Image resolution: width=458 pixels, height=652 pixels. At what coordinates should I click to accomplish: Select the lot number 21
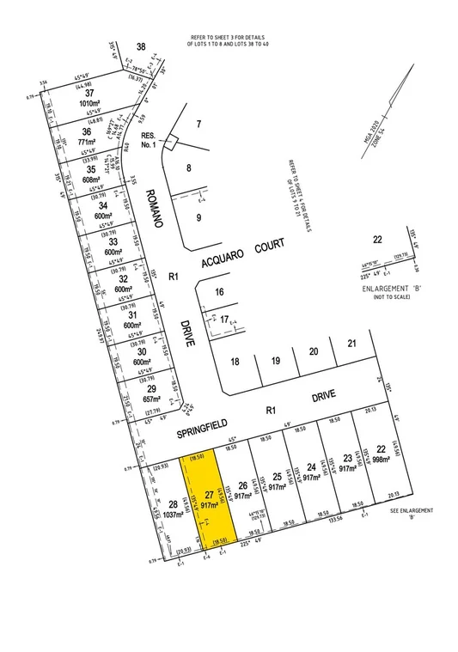click(x=351, y=344)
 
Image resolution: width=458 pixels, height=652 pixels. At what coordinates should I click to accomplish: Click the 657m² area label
click(x=153, y=399)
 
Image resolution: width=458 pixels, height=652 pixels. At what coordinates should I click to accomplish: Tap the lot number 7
click(x=198, y=125)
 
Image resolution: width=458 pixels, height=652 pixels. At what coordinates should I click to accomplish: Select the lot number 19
click(x=276, y=361)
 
